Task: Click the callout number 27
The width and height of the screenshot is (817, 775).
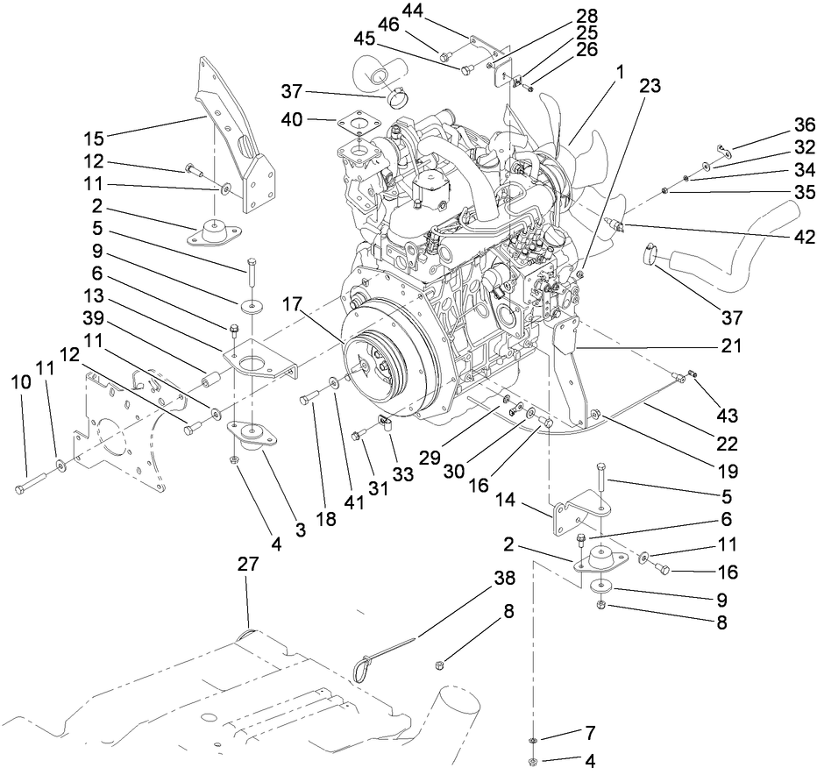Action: [248, 565]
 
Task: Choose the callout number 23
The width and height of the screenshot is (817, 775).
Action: [650, 87]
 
